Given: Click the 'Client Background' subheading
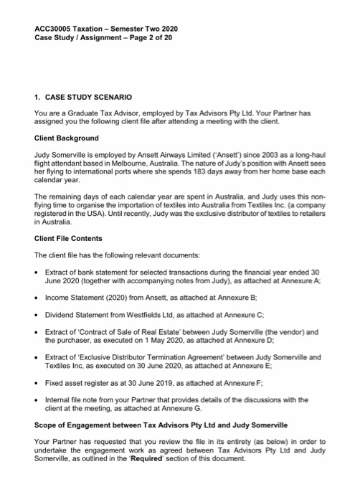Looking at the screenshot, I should pos(67,138).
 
